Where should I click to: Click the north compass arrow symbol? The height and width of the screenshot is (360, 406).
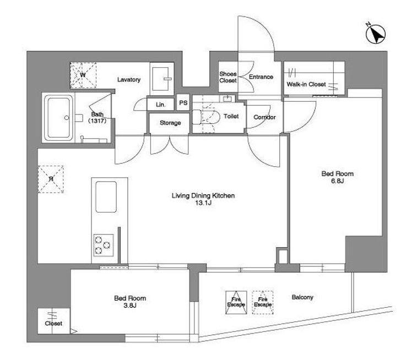[x=376, y=34]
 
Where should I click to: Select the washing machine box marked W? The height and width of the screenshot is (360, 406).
[x=83, y=75]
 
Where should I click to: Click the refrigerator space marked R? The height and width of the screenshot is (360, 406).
[x=51, y=179]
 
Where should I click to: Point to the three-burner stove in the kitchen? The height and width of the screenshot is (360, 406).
[x=104, y=245]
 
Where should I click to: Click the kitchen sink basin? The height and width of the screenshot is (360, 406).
[x=106, y=197]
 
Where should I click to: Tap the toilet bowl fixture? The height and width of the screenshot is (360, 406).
[x=206, y=117]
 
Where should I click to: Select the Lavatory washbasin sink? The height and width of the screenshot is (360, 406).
[x=162, y=79]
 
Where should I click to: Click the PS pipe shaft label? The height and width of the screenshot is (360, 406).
[x=183, y=103]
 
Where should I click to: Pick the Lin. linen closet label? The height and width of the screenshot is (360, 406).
[x=160, y=105]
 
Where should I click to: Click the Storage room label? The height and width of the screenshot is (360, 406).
[x=170, y=123]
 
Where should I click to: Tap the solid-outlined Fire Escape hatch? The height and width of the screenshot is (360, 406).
[x=236, y=302]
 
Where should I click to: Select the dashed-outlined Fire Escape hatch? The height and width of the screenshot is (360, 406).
[x=263, y=302]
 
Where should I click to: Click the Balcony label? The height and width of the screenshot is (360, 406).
[x=302, y=297]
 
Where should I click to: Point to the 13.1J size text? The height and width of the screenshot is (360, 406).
[x=203, y=203]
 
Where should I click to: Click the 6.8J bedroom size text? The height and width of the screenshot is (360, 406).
[x=337, y=181]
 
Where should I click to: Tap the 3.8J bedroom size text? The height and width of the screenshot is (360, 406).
[x=129, y=306]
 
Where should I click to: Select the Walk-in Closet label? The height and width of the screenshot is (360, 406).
[x=306, y=84]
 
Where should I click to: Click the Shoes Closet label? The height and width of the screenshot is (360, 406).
[x=228, y=77]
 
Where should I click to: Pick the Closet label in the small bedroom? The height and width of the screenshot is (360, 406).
[x=53, y=323]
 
